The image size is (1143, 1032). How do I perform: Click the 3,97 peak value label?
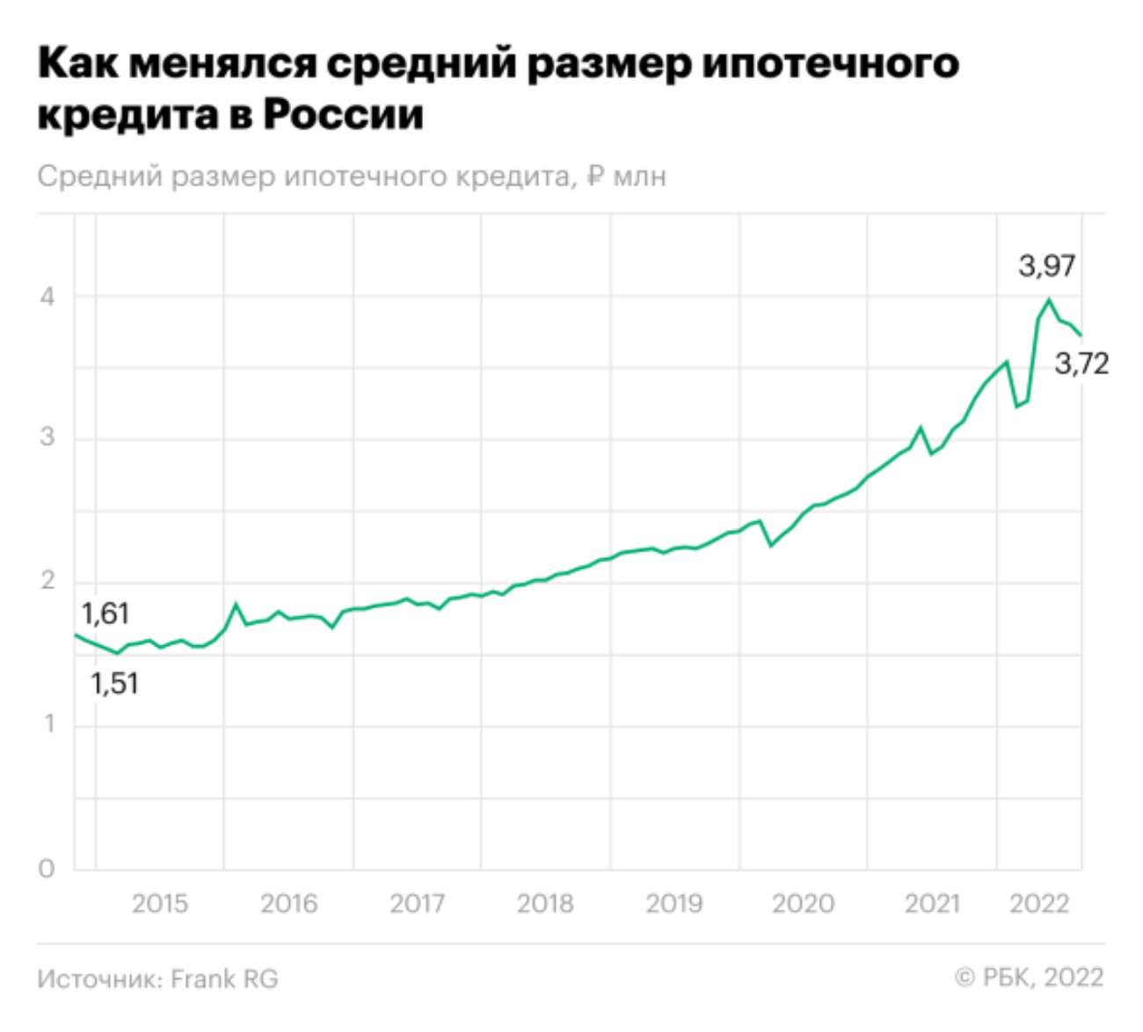click(1046, 265)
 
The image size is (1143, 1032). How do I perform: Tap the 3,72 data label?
click(1081, 363)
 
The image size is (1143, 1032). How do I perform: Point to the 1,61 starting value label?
click(106, 613)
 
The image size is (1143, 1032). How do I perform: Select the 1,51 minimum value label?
click(114, 683)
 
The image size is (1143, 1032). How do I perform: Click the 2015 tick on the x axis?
click(159, 903)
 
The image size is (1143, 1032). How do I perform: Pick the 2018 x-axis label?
click(545, 903)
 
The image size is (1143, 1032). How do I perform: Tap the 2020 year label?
click(803, 903)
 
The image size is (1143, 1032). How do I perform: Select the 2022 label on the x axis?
click(1039, 903)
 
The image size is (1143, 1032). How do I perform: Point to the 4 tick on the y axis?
click(47, 296)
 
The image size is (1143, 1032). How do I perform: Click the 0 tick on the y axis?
click(47, 868)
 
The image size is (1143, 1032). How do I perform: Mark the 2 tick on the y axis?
click(47, 581)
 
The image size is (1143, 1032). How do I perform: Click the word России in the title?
click(344, 114)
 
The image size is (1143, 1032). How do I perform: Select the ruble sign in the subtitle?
click(595, 176)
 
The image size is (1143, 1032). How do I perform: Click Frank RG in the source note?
click(224, 978)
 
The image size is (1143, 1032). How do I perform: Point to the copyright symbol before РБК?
click(965, 977)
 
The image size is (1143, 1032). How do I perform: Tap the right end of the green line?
click(1081, 335)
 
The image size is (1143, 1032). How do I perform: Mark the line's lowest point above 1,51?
click(117, 653)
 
